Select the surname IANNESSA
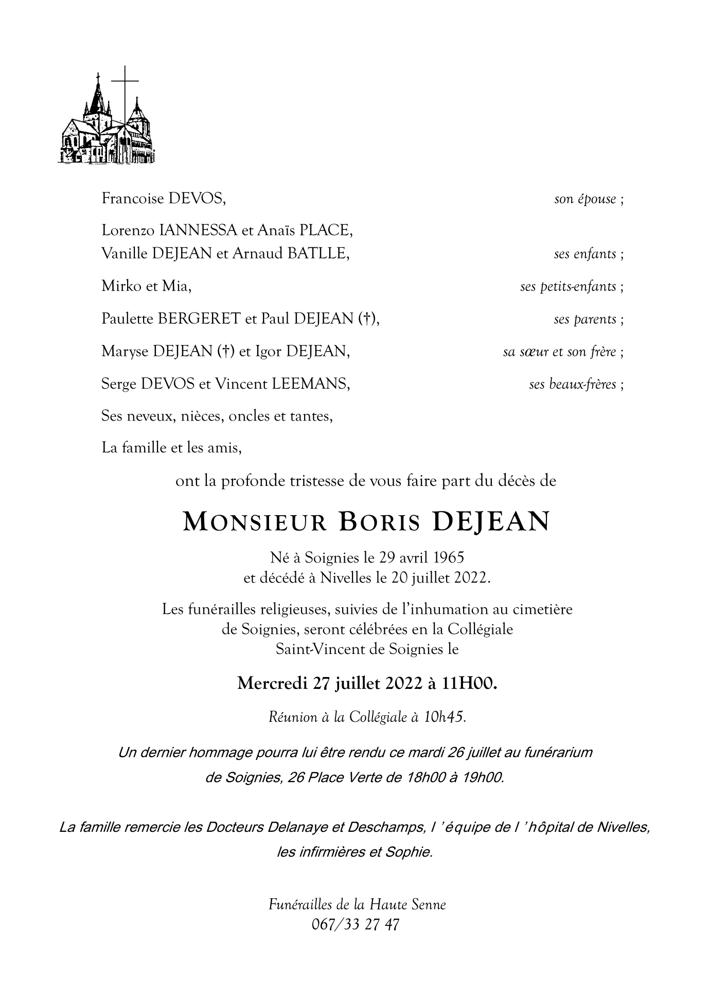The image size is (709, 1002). (x=199, y=230)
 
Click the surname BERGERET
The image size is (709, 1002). (x=199, y=319)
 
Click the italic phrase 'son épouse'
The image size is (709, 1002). (x=585, y=199)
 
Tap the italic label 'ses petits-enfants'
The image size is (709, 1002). (x=568, y=286)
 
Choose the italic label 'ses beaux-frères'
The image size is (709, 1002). (x=572, y=384)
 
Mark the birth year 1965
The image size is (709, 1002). (x=449, y=557)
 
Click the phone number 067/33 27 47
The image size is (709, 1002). (x=356, y=925)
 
